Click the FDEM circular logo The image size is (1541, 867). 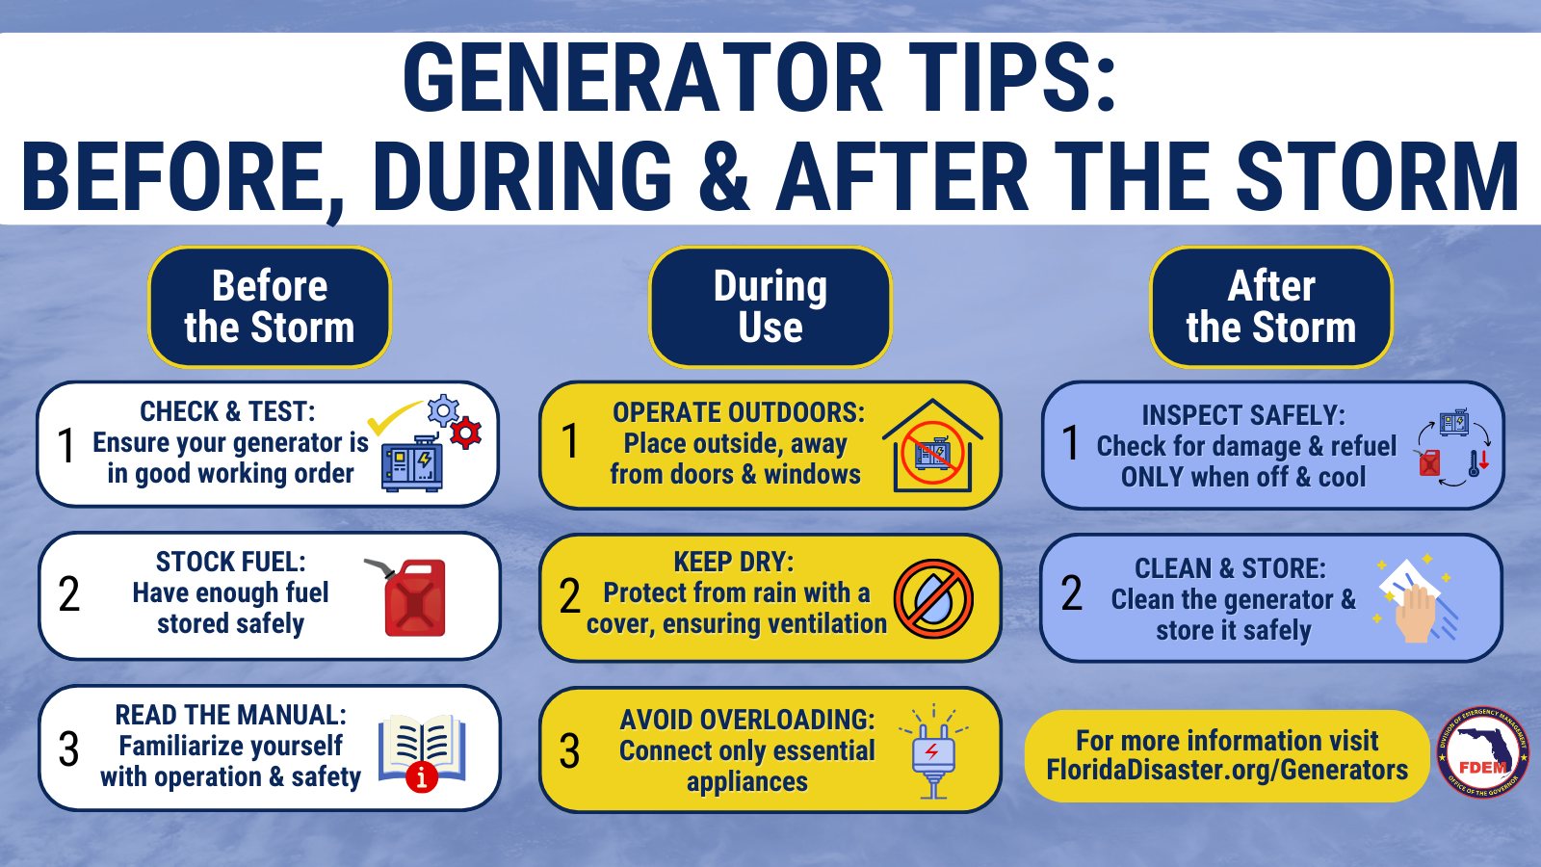pos(1482,752)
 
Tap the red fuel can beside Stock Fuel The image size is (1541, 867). pos(408,596)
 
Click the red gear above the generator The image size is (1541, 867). pos(466,433)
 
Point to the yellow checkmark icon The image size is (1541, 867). pos(394,415)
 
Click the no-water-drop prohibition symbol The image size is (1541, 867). pos(933,598)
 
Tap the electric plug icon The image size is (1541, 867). pos(933,752)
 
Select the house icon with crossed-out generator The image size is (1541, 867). pos(932,445)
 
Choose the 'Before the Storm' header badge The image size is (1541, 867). pos(270,307)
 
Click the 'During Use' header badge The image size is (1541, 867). pos(770,307)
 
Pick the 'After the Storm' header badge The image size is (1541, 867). pos(1271,307)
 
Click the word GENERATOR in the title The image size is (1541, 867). pos(642,77)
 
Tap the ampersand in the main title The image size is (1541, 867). pos(724,174)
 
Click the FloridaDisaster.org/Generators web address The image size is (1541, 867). pos(1227,770)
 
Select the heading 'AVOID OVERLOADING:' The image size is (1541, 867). pos(747,720)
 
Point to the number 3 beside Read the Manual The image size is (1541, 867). pos(68,749)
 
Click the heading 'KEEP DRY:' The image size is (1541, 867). pos(733,563)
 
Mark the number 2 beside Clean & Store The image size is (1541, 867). pos(1072,593)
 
